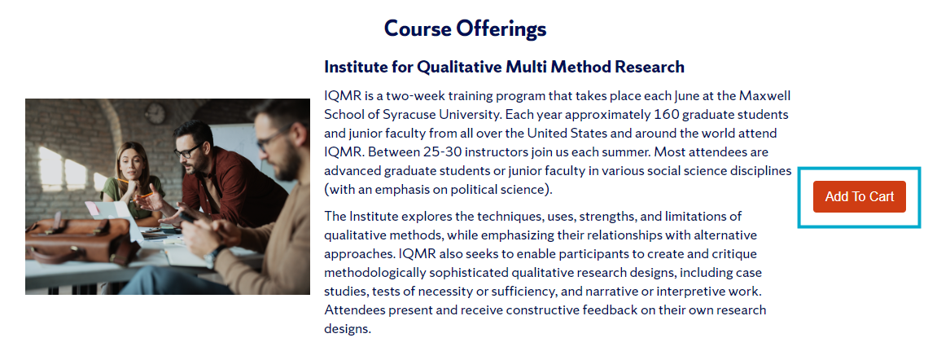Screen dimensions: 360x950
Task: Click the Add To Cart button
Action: coord(859,196)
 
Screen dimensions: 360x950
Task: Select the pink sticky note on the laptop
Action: coord(93,209)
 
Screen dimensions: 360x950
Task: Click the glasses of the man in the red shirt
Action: coord(186,151)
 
